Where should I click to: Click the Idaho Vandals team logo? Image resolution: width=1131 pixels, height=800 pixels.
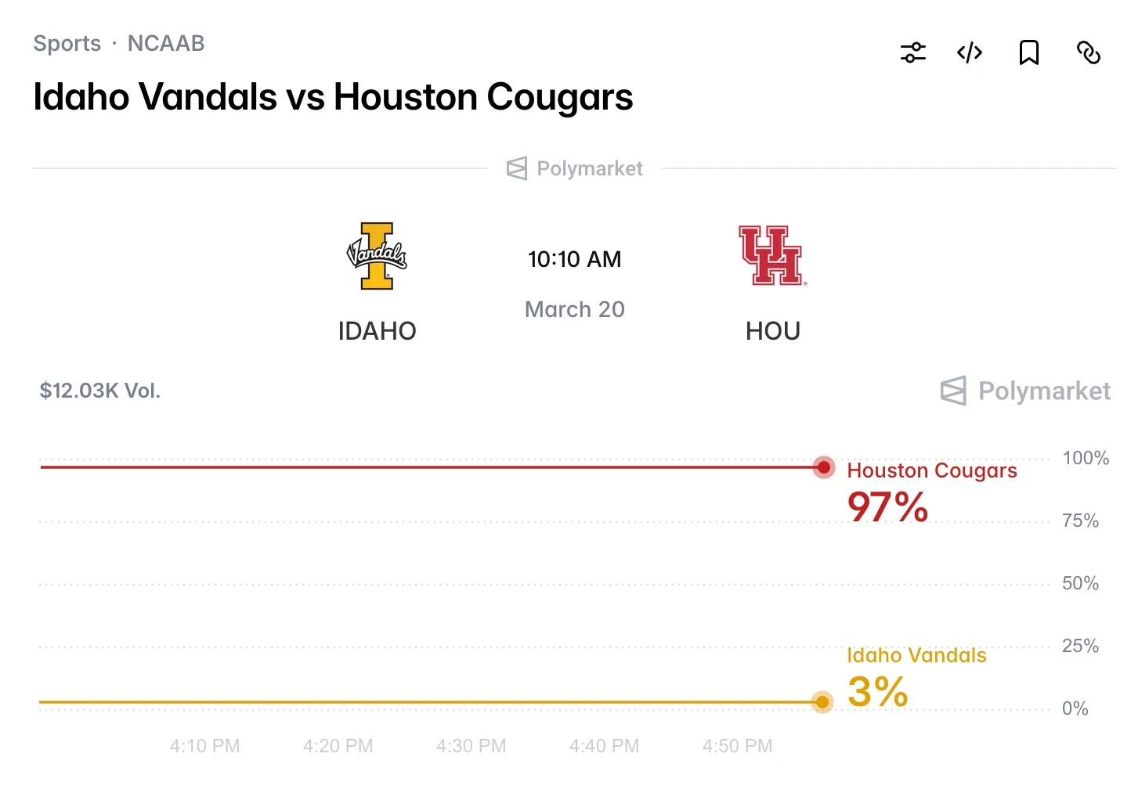pos(377,255)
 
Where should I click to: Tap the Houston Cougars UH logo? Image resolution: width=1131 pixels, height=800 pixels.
pos(771,255)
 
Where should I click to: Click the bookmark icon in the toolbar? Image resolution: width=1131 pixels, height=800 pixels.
pos(1028,52)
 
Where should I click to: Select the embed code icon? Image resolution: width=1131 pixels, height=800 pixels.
pos(970,52)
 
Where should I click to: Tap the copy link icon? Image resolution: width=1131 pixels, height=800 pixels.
pos(1088,52)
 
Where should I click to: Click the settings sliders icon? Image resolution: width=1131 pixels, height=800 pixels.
pos(912,52)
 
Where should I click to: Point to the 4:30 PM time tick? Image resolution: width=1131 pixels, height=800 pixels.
pos(471,746)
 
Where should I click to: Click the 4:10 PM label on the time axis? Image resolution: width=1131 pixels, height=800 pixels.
pos(204,746)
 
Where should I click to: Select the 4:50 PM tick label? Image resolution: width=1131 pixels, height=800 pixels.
pos(737,746)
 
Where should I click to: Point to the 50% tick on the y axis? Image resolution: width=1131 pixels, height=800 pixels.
pos(1080,583)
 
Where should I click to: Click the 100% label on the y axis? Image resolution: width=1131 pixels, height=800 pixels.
pos(1085,458)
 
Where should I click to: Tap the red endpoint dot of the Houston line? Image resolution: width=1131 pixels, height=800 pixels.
pos(823,467)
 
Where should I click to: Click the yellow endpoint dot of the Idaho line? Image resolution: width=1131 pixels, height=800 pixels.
pos(822,702)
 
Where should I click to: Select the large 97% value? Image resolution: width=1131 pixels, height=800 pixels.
pos(887,507)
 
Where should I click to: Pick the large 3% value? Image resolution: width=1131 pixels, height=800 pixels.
pos(877,692)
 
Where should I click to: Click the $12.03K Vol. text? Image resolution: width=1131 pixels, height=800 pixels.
pos(99,391)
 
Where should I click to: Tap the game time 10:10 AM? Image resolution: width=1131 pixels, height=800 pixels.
pos(574,259)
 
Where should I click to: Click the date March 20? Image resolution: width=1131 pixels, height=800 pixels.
pos(574,309)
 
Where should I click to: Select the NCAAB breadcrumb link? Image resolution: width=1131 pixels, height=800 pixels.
pos(166,43)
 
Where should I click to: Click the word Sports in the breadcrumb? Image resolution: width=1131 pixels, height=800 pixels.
pos(67,43)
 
